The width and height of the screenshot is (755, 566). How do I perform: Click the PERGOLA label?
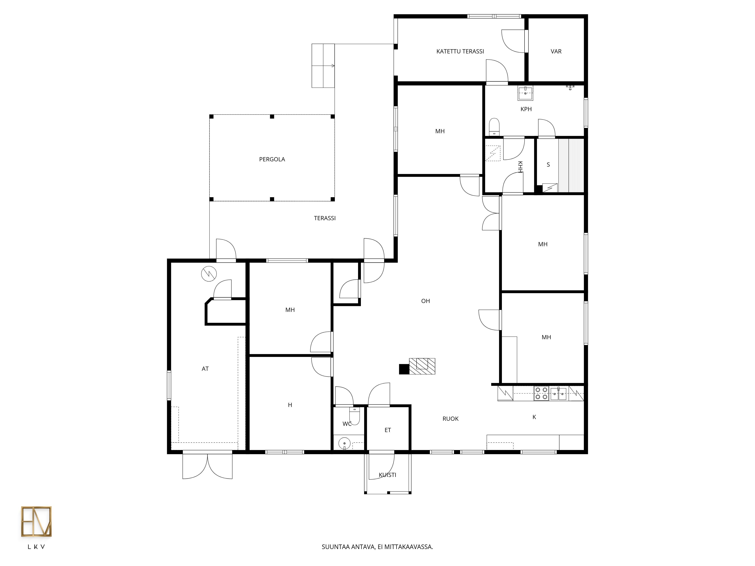[x=272, y=159]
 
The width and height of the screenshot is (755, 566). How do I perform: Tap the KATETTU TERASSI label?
[x=460, y=52]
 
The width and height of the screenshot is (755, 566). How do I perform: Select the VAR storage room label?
[x=556, y=52]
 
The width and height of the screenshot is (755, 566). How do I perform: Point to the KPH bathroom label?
[x=526, y=109]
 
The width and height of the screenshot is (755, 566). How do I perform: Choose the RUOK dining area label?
[x=451, y=419]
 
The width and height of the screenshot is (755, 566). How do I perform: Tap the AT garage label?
[x=205, y=369]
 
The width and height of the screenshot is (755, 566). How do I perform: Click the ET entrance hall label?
[x=388, y=430]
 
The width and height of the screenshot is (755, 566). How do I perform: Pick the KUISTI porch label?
[x=387, y=475]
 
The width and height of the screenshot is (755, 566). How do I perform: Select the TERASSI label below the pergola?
[x=325, y=218]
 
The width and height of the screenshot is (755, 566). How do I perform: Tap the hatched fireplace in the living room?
[x=422, y=366]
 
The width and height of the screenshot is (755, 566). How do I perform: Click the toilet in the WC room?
[x=355, y=416]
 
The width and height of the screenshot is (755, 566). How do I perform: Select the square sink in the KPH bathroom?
[x=525, y=93]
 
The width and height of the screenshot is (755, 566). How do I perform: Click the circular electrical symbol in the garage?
[x=209, y=274]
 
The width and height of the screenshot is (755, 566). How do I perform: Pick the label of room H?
[x=290, y=405]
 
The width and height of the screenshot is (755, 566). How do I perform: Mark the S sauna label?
[x=548, y=165]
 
